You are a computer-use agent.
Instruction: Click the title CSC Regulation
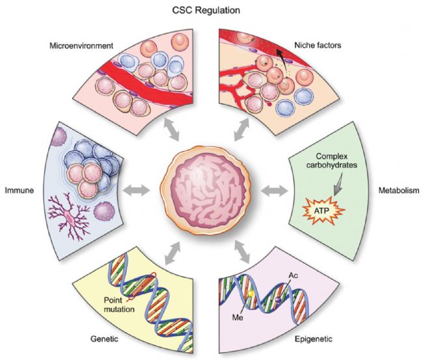[206, 10]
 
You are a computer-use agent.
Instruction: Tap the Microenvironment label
[81, 46]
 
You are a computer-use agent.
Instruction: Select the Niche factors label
[318, 45]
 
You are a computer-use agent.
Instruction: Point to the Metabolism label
[399, 190]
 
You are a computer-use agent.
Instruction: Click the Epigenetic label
[314, 339]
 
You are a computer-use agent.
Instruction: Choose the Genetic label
[104, 339]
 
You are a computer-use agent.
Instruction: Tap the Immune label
[20, 190]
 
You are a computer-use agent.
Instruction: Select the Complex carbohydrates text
[331, 160]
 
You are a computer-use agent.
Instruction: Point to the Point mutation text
[119, 305]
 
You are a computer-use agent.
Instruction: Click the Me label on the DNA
[238, 318]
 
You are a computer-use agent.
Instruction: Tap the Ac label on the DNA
[293, 275]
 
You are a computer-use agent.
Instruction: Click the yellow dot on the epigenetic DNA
[251, 294]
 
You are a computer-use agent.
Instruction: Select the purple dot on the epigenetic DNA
[279, 299]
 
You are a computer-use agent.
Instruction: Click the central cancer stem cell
[206, 190]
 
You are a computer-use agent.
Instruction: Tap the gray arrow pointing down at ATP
[338, 184]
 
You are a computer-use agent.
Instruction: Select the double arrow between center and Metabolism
[275, 191]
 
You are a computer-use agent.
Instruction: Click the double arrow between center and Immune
[136, 190]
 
